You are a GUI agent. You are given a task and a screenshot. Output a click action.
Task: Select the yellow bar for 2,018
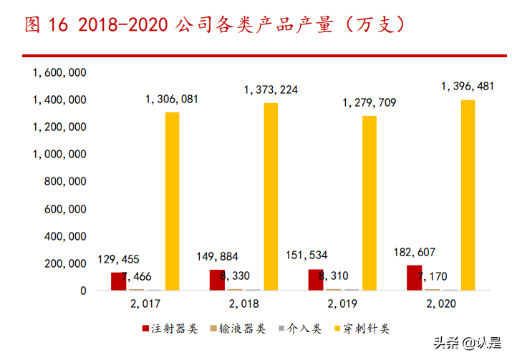pos(271,197)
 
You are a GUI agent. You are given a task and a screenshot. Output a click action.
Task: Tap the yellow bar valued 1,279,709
pos(369,203)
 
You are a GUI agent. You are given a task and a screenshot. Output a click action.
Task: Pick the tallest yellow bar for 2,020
pos(468,195)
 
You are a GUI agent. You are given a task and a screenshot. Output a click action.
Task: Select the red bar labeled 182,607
pos(414,278)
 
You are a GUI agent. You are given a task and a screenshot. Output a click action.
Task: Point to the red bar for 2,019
pos(315,280)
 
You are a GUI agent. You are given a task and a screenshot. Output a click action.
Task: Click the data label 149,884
pos(217,256)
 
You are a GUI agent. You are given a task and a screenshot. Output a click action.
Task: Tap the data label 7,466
pos(137,276)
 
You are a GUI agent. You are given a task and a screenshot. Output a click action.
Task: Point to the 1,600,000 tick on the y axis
pos(59,72)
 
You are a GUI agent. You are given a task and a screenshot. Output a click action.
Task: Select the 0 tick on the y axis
pos(83,291)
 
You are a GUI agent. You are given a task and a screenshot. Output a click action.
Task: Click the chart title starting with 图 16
pos(215,25)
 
